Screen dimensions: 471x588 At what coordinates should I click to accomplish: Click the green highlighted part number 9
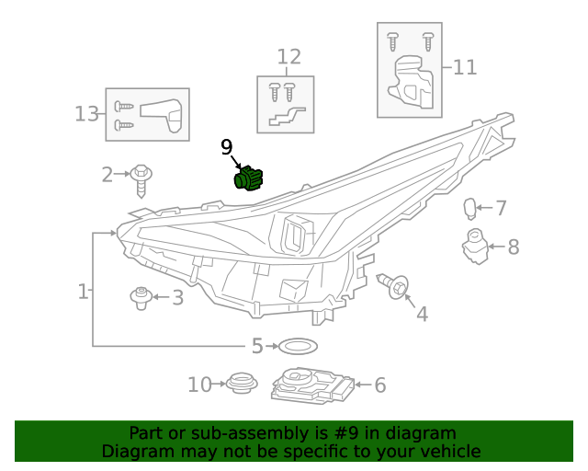pos(248,178)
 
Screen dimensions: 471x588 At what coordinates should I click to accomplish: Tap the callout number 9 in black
pos(227,147)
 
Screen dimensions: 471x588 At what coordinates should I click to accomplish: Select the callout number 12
pos(288,57)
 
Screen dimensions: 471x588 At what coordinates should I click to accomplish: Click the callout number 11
pos(466,67)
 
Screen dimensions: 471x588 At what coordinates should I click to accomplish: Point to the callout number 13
pos(86,114)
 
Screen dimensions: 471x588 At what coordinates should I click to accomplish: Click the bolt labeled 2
pos(141,178)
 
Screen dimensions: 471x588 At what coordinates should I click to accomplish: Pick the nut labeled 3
pos(141,296)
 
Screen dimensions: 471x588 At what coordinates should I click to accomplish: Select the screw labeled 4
pos(395,287)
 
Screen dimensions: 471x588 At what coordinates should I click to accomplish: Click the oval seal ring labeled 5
pos(297,347)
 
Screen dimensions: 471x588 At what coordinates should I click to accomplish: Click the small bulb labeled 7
pos(469,209)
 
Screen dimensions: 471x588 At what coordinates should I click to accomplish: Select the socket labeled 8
pos(473,247)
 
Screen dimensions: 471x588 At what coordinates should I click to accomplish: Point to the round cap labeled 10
pos(242,383)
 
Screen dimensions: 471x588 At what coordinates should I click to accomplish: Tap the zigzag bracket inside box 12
pos(285,117)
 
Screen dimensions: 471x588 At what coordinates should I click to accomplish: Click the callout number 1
pos(83,292)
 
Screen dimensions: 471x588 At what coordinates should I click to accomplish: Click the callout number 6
pos(379,385)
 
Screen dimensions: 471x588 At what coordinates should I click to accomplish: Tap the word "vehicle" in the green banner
pos(447,451)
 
